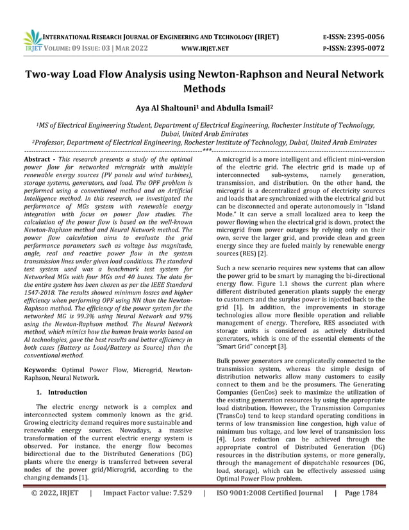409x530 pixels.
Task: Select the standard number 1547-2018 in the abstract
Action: point(42,282)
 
